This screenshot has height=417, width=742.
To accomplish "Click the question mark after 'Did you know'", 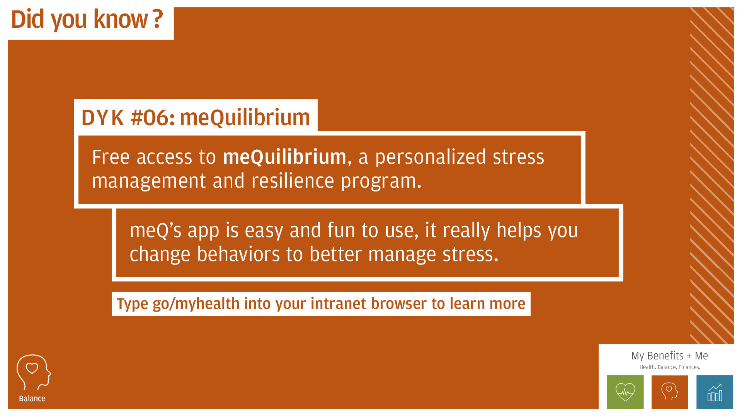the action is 157,19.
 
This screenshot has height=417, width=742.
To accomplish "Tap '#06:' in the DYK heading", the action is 153,117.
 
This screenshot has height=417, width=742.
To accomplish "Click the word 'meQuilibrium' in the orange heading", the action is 245,117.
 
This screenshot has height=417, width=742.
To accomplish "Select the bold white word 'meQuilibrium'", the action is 284,157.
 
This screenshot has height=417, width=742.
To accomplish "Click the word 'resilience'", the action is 293,181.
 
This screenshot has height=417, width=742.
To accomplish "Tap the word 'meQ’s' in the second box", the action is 155,231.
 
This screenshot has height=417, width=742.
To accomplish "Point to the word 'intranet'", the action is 338,303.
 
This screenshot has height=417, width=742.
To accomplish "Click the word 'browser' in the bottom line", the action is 399,303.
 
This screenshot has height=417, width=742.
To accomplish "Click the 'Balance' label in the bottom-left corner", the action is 32,398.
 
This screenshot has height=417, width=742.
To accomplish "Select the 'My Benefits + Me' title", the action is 669,356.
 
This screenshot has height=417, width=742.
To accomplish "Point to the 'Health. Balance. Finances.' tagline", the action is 669,367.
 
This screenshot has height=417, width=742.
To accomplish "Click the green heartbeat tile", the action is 625,392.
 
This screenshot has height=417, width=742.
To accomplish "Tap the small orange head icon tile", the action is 670,392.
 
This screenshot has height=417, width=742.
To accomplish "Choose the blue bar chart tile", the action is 715,392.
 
